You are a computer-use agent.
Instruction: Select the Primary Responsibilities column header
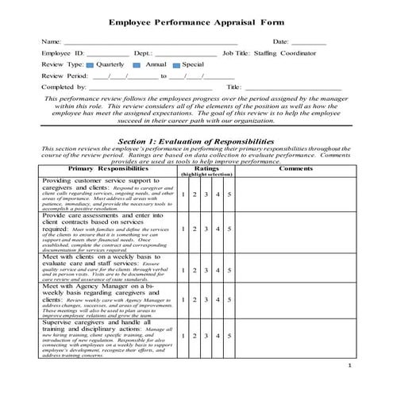click(107, 168)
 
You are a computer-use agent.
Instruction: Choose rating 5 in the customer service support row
click(229, 195)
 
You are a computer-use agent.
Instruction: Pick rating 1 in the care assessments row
click(183, 229)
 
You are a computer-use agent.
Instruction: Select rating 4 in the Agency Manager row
click(218, 299)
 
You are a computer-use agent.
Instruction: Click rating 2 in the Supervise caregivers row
click(195, 337)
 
